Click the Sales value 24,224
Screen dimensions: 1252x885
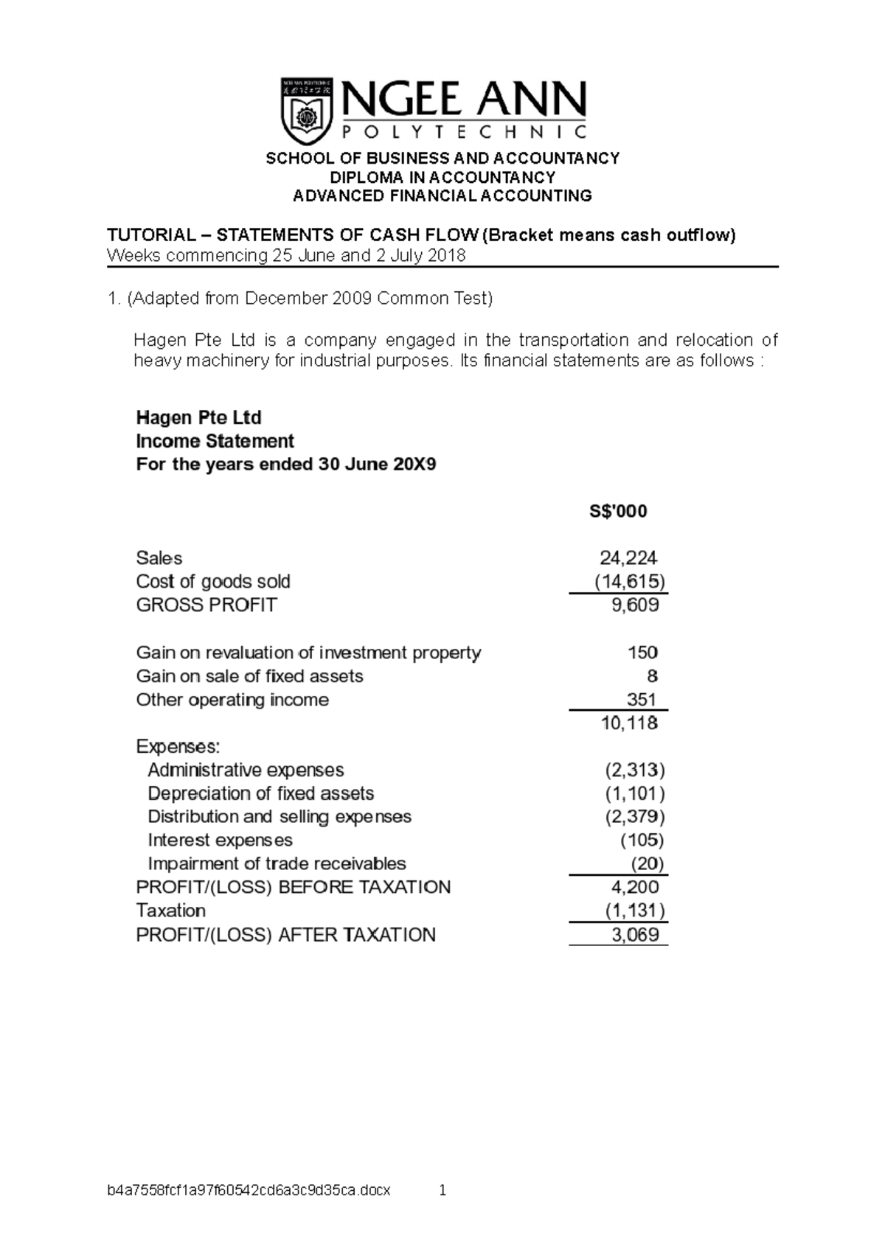628,557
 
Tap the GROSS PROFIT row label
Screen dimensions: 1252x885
206,605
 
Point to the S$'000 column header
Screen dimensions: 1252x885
618,511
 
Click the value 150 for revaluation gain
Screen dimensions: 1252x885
642,653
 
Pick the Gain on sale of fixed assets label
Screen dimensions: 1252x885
249,676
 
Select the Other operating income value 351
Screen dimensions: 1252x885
642,700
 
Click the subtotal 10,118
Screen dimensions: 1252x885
629,723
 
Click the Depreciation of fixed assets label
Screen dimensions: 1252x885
260,793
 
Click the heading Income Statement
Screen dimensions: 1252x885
215,441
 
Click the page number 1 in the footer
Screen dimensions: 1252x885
442,1190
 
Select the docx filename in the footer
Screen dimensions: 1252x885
249,1190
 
